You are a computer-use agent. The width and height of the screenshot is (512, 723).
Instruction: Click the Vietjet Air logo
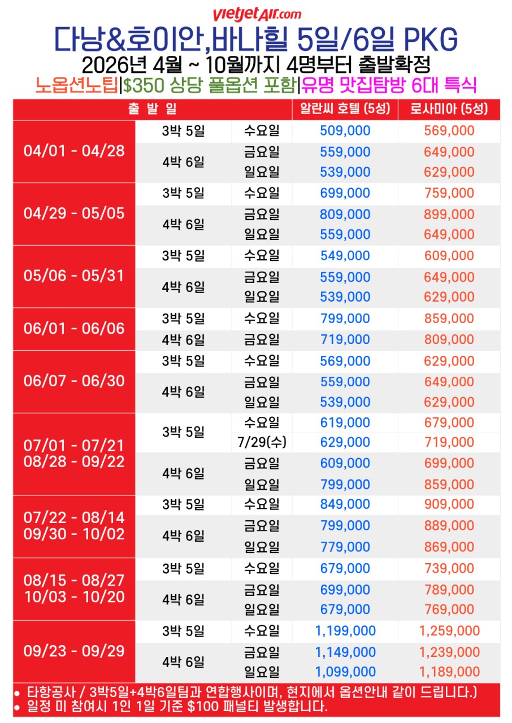[257, 14]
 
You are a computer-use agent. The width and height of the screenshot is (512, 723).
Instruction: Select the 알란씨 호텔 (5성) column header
[345, 109]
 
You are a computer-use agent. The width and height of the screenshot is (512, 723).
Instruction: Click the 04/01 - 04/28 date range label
[74, 151]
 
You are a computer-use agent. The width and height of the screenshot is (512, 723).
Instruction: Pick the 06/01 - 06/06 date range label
[74, 329]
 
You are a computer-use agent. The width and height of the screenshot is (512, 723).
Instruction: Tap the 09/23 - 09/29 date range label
[74, 651]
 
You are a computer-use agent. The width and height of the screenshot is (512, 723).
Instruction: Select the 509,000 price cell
[345, 131]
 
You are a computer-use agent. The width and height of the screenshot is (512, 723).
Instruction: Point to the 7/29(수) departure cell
[262, 442]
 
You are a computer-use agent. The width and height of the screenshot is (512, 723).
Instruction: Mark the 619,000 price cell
[345, 423]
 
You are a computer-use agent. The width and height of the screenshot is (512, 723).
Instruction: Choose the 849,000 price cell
[345, 504]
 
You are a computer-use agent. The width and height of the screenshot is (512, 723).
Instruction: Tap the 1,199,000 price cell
[345, 630]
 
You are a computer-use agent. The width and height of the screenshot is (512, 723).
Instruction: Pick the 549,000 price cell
[345, 256]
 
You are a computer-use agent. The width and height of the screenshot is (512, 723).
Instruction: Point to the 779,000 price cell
[345, 547]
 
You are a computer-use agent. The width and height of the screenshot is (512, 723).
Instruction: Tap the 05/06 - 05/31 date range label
[74, 276]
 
